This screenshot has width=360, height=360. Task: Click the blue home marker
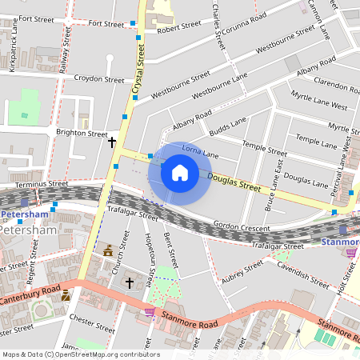[x=179, y=172]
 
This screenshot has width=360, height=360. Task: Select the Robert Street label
[x=179, y=26]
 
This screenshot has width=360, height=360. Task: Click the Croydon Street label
[x=99, y=79]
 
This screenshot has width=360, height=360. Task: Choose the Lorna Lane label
[x=200, y=151]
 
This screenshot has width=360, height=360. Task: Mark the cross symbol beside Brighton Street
[x=112, y=143]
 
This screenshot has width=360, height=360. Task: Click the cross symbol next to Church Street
[x=130, y=283]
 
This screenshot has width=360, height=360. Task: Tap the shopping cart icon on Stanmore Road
[x=149, y=312]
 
